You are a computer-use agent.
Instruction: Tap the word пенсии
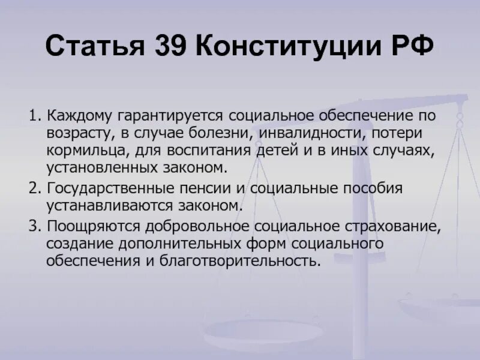(x=205, y=188)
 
